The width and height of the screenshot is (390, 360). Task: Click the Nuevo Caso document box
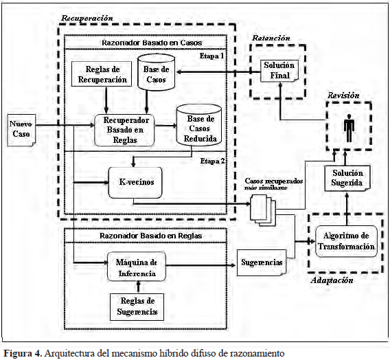pos(21,130)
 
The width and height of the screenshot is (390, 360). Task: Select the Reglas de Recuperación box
pos(102,74)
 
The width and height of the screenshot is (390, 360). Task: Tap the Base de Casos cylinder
pos(156,72)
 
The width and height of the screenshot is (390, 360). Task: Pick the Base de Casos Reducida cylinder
pos(199,126)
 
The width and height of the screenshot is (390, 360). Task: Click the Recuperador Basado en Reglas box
pos(124,130)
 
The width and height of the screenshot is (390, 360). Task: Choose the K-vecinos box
pos(135,182)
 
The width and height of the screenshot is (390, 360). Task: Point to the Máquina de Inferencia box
pos(137,267)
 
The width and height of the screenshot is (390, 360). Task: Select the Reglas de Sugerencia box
pos(137,307)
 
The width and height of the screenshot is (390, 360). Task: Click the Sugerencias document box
pos(262,262)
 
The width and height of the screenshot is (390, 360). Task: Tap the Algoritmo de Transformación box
pos(346,241)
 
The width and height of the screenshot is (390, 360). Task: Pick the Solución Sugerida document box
pos(347,178)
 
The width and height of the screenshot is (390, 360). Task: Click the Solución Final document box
pos(279,71)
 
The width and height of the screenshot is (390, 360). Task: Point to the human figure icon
pos(349,128)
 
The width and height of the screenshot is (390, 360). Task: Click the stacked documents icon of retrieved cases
pos(263,210)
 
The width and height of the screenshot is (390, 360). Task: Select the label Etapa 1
pos(211,56)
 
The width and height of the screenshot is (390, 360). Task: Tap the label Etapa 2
pos(212,161)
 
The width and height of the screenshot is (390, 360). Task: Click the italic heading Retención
pos(271,38)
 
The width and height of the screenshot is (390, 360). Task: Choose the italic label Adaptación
pos(332,280)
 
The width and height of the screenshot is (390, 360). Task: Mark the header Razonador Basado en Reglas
pos(151,236)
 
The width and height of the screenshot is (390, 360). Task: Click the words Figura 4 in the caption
pos(22,353)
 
